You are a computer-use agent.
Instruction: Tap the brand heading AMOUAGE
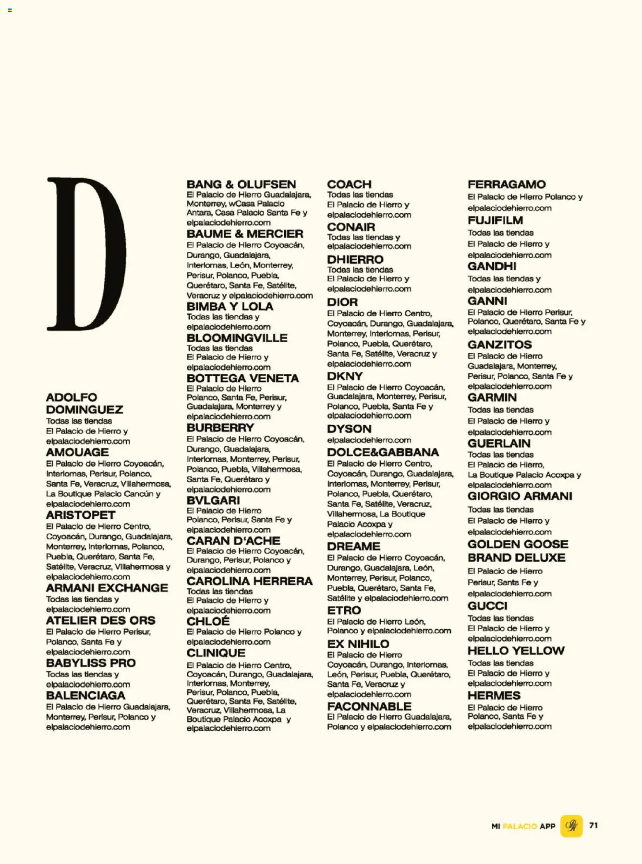(x=77, y=452)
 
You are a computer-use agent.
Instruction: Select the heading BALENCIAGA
(x=85, y=695)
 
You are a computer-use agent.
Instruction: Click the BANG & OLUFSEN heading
(x=241, y=184)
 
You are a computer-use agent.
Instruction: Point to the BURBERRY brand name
(x=220, y=428)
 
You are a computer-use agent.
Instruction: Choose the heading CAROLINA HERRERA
(x=249, y=581)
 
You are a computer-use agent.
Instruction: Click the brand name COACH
(x=349, y=184)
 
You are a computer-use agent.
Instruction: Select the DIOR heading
(x=342, y=302)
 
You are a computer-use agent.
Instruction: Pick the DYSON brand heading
(x=349, y=429)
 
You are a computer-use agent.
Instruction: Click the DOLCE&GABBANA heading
(x=383, y=452)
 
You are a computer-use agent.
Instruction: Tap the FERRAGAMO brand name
(x=507, y=184)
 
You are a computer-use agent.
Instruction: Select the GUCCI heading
(x=487, y=606)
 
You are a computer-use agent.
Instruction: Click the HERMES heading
(x=494, y=695)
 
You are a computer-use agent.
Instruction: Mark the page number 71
(x=594, y=825)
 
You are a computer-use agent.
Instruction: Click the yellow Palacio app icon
(x=571, y=826)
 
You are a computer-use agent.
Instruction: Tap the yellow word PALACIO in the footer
(x=519, y=826)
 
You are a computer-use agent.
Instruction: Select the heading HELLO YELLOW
(x=516, y=650)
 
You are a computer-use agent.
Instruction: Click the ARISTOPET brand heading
(x=81, y=515)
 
